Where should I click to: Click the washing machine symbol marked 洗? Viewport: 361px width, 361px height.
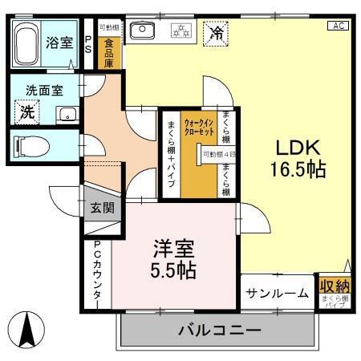click(28, 112)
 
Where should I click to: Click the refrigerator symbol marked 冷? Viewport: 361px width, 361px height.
click(216, 33)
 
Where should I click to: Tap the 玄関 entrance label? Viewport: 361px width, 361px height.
click(102, 208)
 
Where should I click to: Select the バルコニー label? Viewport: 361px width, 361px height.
click(219, 330)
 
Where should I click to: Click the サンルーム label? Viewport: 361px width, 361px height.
click(277, 293)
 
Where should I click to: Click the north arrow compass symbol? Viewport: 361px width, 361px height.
click(28, 327)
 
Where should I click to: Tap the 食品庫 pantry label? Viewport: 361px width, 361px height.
click(109, 49)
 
